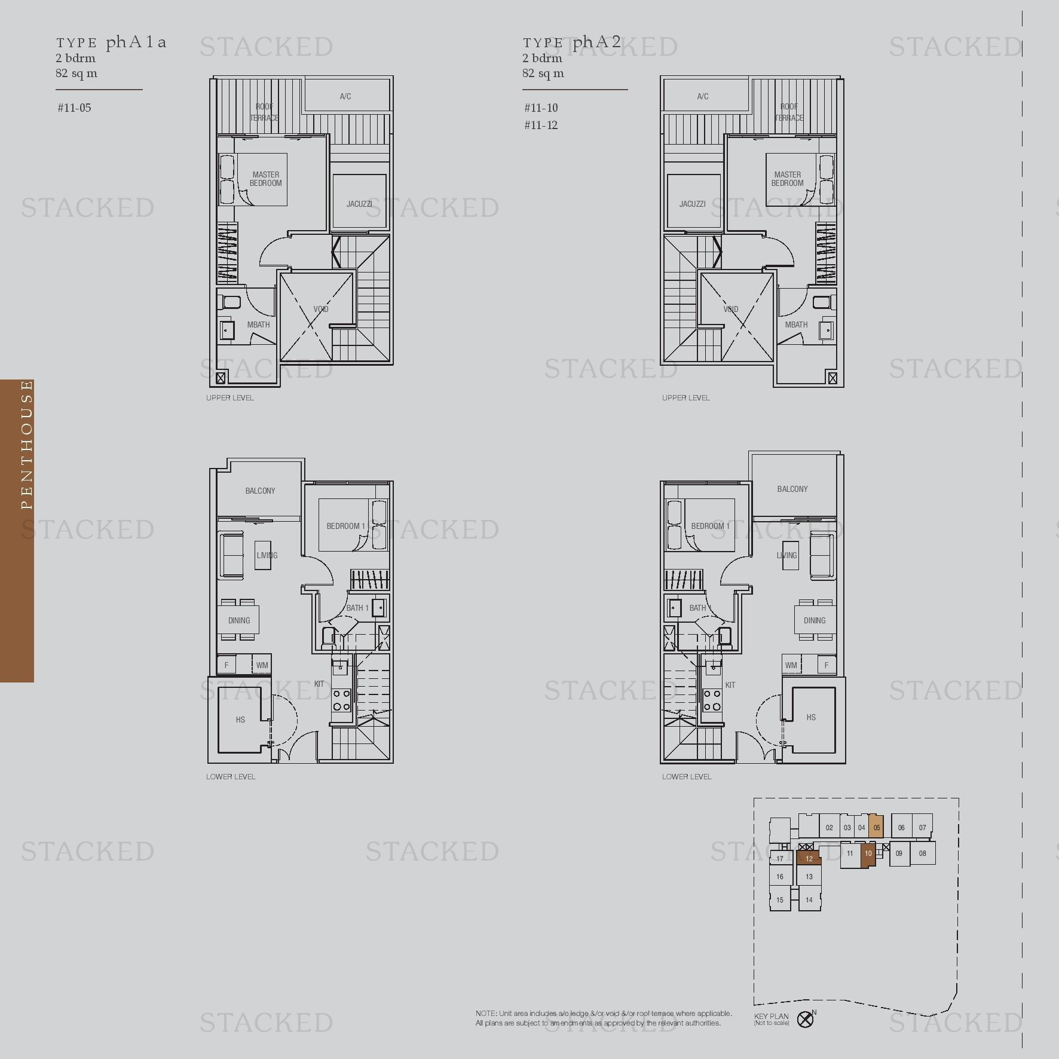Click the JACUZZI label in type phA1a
tap(359, 204)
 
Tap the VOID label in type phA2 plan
tap(731, 309)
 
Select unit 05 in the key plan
tap(876, 828)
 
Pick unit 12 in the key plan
tap(809, 859)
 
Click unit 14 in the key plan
tap(809, 899)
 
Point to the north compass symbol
tap(806, 1019)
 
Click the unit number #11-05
tap(74, 108)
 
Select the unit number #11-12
tap(541, 125)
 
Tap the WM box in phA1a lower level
tap(262, 665)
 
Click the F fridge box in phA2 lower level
tap(827, 665)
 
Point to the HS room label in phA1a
tap(240, 720)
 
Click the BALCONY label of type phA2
tap(792, 489)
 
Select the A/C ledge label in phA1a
tap(345, 96)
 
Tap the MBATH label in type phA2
tap(796, 325)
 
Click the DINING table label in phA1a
tap(239, 620)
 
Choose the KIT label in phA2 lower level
tap(730, 685)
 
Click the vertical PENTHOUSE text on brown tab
tap(26, 445)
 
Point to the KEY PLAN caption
tap(771, 1016)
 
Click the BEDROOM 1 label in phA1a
tap(345, 526)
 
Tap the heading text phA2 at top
tap(596, 42)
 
